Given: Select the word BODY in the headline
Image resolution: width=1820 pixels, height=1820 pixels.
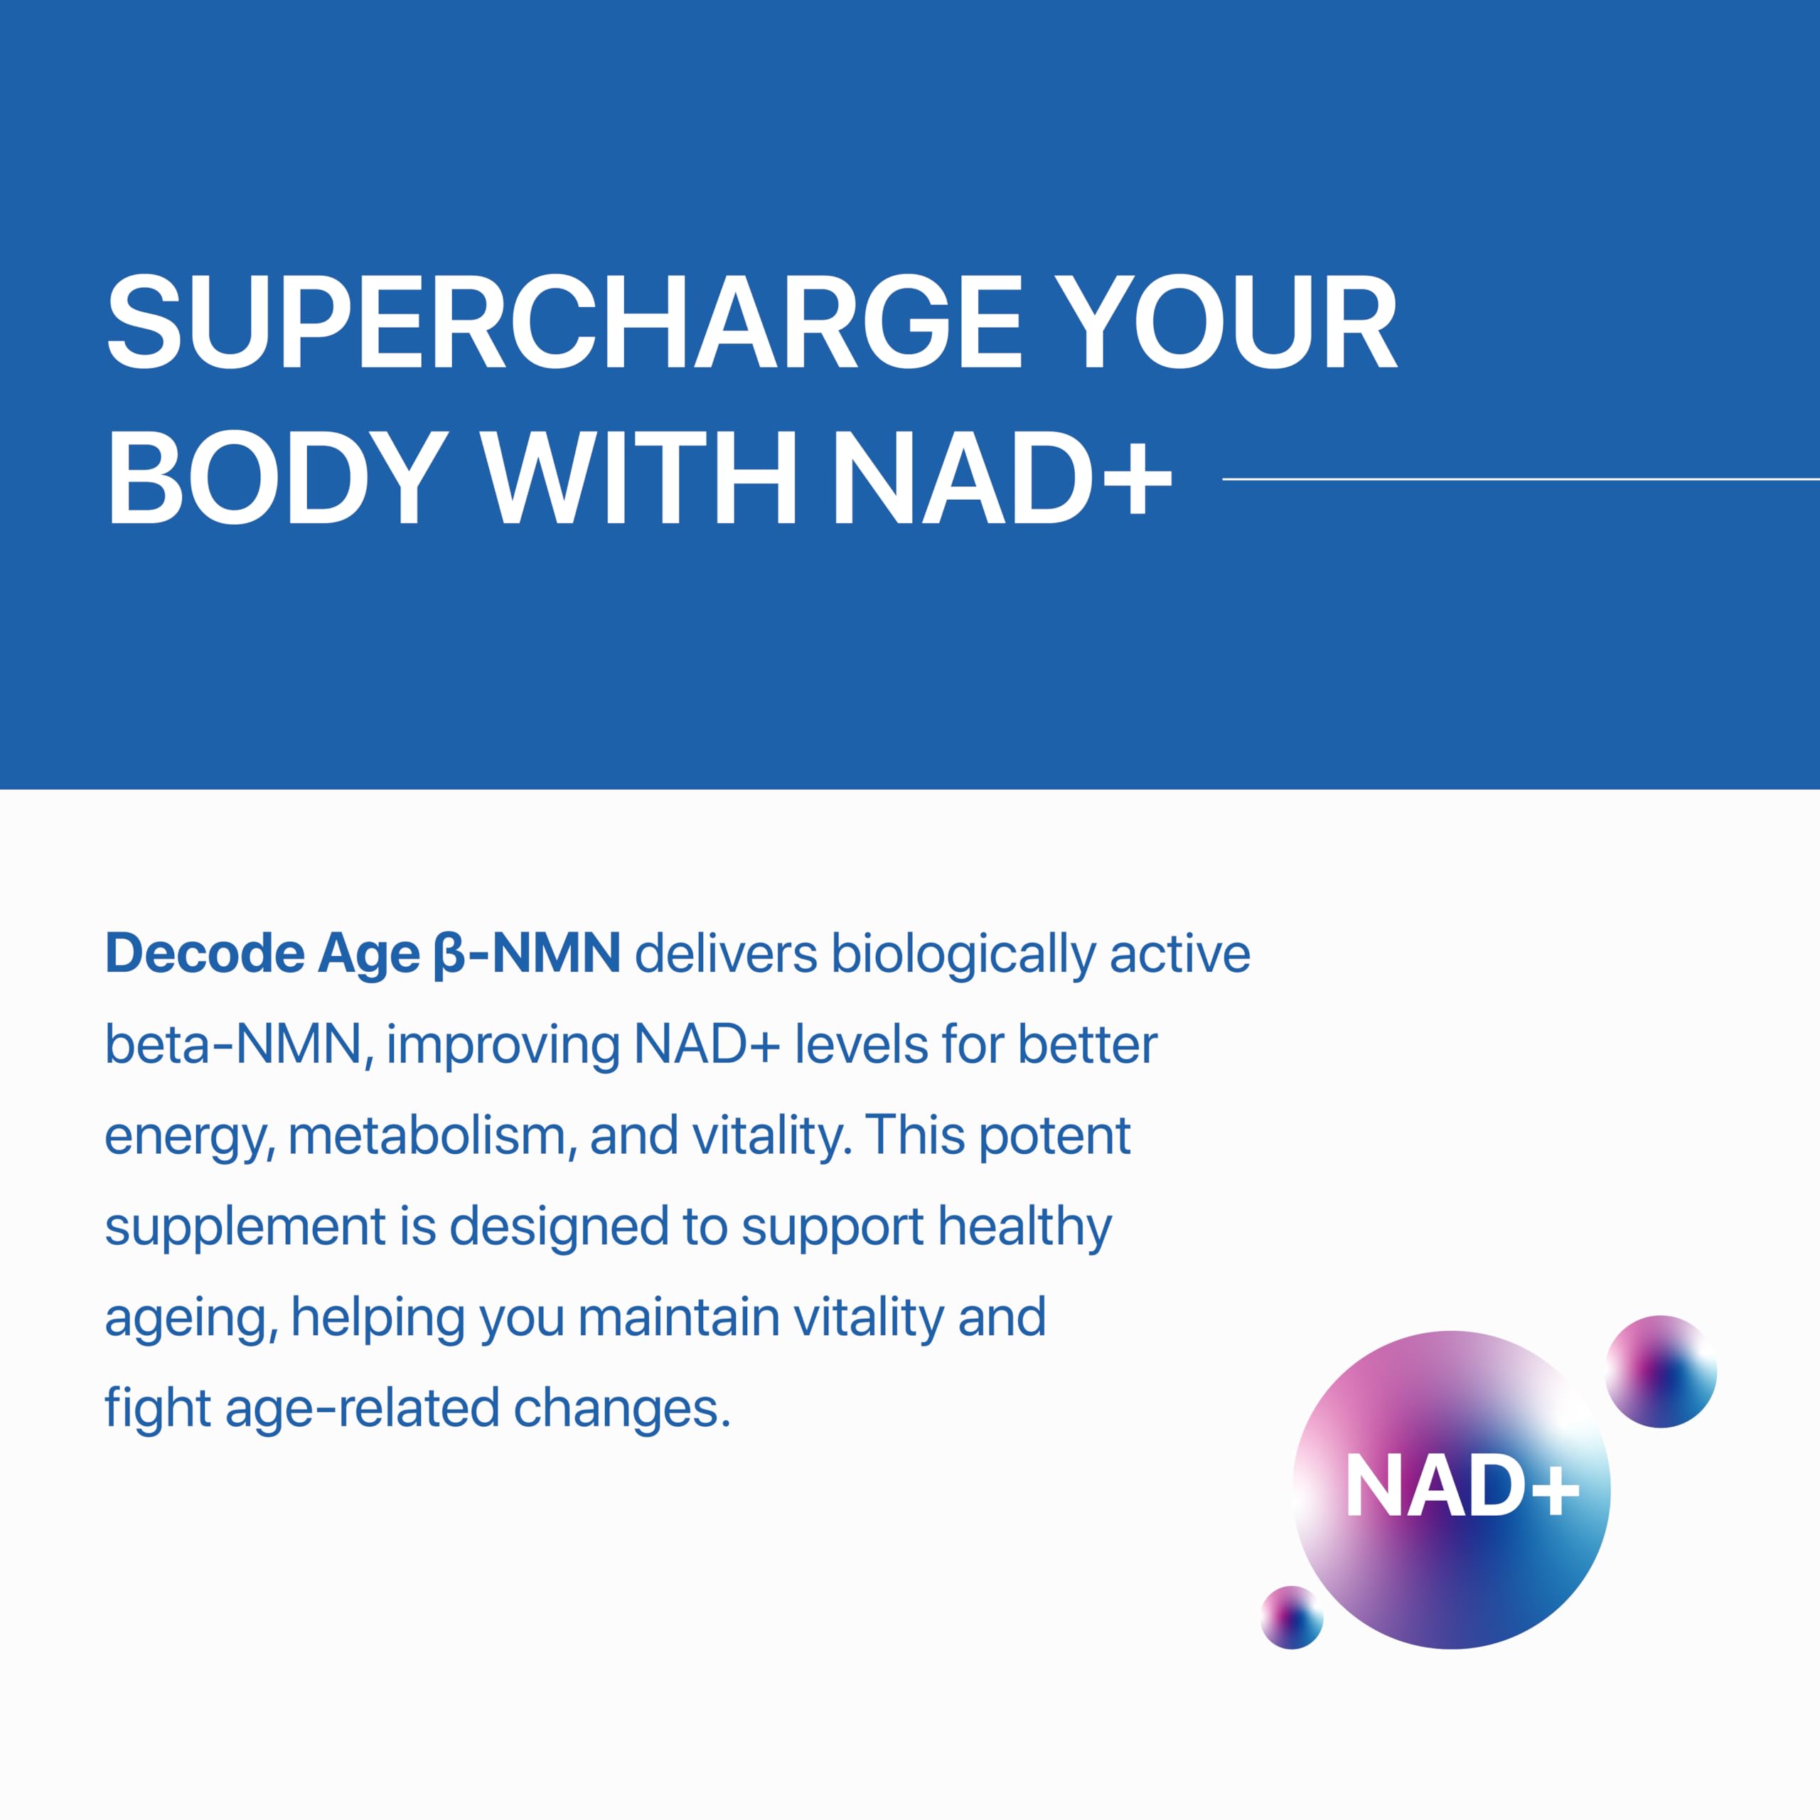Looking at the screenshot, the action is (x=277, y=478).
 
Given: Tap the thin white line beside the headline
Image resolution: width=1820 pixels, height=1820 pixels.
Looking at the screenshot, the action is (x=1521, y=478).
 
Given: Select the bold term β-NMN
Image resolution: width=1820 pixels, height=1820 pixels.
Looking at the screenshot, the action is (x=527, y=954).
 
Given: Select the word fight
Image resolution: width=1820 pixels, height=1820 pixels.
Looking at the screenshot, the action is (x=157, y=1408).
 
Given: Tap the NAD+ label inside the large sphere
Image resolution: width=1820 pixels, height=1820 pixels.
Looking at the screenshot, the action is (x=1461, y=1487).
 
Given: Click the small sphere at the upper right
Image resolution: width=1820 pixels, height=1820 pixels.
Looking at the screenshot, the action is (x=1661, y=1371).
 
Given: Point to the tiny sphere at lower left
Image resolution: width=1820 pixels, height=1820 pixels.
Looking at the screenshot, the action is (x=1292, y=1617).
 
